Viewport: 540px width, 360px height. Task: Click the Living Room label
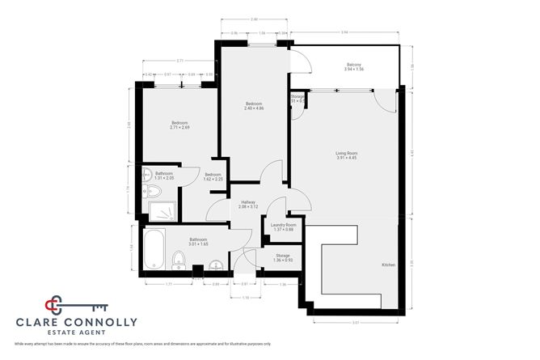tap(347, 153)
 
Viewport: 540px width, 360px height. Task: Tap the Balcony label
tap(353, 65)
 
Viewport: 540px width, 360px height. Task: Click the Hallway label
tap(249, 203)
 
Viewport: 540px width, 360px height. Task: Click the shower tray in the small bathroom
tap(164, 211)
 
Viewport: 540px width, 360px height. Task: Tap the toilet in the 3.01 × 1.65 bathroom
tap(179, 259)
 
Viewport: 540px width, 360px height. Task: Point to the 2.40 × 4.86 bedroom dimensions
tap(255, 109)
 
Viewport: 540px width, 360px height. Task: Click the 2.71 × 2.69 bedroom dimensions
tap(179, 127)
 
